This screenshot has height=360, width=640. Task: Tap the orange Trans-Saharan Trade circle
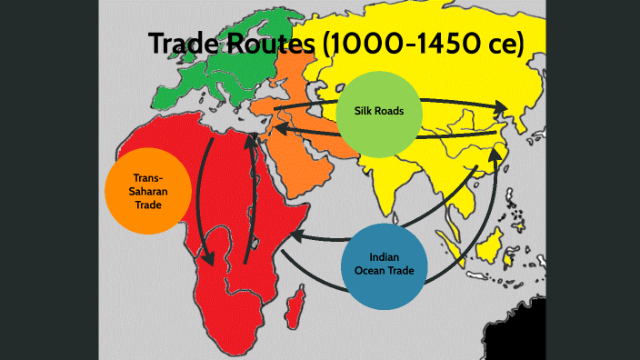point(148,192)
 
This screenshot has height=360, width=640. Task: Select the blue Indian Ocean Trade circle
point(384,264)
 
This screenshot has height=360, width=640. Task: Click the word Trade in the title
point(182,44)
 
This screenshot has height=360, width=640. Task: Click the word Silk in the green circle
point(356,113)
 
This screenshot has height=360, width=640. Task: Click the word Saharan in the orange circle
point(148,192)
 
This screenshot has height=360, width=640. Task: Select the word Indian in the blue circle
point(384,256)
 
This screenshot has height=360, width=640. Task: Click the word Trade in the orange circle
point(148,205)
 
